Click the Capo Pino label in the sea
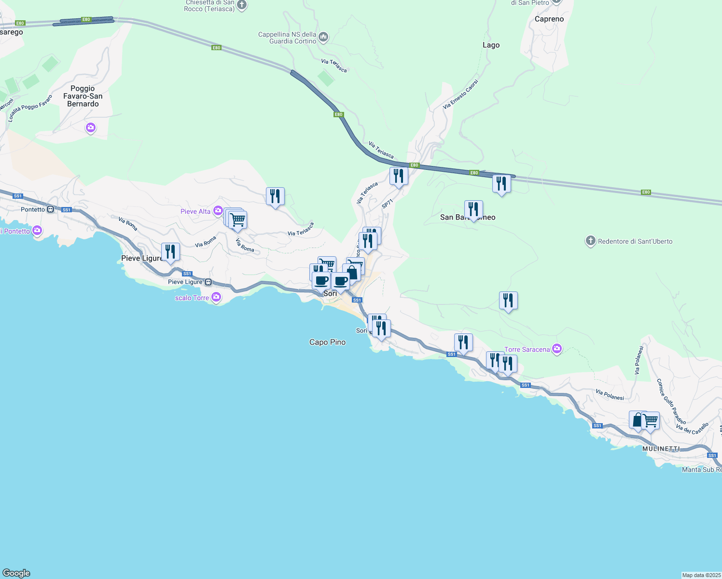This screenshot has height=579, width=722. [327, 342]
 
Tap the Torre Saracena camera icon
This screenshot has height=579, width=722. [557, 349]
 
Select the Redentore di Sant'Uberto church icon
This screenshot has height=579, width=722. [590, 241]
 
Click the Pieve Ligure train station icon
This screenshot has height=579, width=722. [208, 282]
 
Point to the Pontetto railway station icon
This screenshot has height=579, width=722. [50, 209]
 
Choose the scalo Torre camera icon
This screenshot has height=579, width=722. [216, 297]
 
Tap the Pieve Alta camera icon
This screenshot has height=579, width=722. [218, 211]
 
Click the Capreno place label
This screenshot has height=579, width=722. [549, 19]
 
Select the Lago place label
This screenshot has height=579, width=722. [491, 45]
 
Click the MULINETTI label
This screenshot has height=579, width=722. [661, 449]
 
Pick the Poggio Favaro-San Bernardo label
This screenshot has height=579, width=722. [83, 96]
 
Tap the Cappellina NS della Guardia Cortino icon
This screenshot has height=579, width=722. [323, 37]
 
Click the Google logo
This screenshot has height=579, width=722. [16, 573]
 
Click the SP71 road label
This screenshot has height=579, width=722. [388, 204]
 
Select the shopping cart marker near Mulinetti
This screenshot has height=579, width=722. [650, 421]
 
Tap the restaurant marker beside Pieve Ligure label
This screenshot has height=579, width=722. [170, 252]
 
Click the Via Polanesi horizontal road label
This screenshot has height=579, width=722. [610, 395]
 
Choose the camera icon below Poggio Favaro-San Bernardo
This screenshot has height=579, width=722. [90, 128]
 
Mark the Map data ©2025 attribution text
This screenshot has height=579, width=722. [701, 575]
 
